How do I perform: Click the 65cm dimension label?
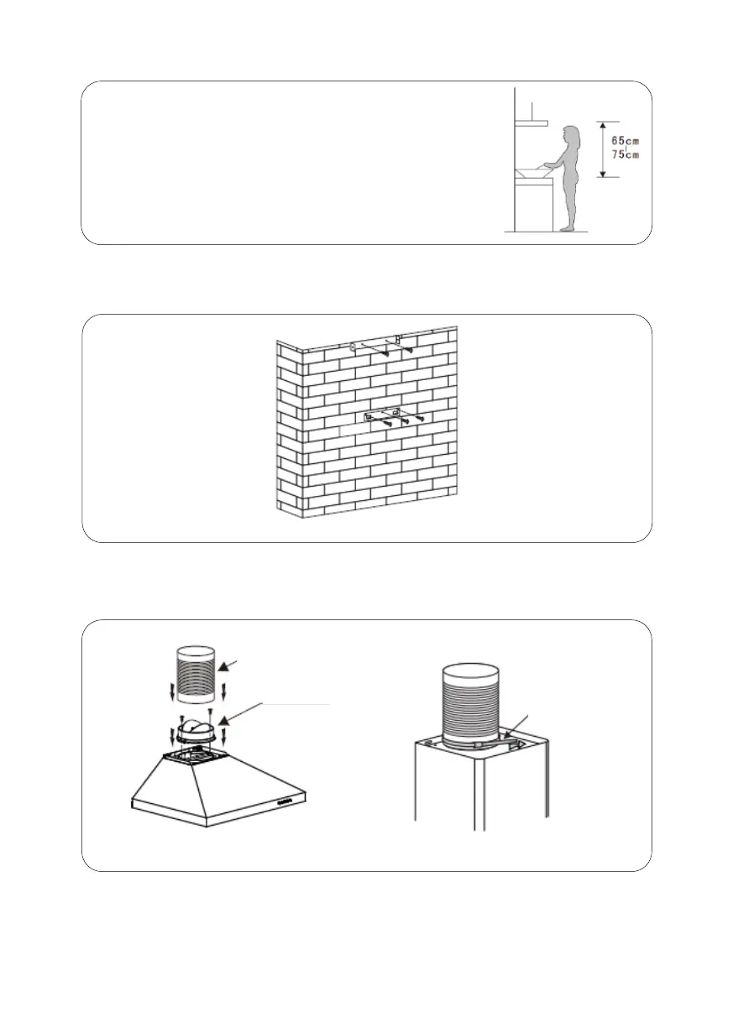[x=625, y=141]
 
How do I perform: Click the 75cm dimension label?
[x=625, y=154]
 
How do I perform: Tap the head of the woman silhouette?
[x=572, y=133]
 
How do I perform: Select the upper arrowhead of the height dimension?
[x=604, y=124]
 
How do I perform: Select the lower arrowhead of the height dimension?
[x=604, y=174]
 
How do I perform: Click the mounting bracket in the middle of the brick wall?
[x=380, y=416]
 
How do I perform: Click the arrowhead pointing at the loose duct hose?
[x=223, y=667]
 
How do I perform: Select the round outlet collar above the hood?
[x=196, y=732]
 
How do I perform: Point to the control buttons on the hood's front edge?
[x=286, y=801]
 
